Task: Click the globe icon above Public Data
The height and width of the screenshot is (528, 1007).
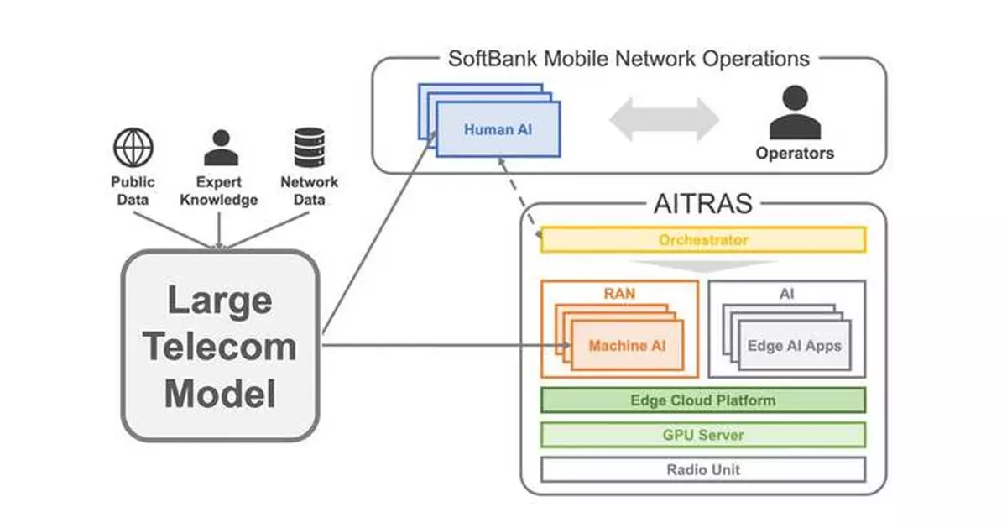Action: (133, 148)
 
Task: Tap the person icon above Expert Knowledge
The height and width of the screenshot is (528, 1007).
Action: (221, 148)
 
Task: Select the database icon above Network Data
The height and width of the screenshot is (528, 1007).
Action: (309, 148)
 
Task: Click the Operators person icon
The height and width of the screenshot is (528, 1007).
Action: (794, 114)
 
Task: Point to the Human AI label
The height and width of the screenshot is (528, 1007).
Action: (498, 129)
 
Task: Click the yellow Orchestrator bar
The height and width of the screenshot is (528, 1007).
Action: (702, 240)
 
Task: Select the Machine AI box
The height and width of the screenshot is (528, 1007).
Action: (629, 346)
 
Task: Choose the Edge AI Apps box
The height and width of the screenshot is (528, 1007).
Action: (794, 346)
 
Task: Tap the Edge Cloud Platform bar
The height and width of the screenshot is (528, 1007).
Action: (702, 400)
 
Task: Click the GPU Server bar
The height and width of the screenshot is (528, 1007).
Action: (702, 435)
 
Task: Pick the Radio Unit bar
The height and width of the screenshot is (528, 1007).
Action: (702, 469)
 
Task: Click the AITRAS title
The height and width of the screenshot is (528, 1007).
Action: (702, 204)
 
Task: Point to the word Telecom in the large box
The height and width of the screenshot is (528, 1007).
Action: (219, 347)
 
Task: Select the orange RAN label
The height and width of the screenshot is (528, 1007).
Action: (619, 294)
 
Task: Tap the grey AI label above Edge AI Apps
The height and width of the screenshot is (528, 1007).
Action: (786, 294)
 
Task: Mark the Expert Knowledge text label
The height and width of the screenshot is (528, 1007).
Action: (219, 191)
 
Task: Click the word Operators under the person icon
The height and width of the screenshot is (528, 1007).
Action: (794, 154)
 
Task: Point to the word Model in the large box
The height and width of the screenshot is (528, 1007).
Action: (219, 394)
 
